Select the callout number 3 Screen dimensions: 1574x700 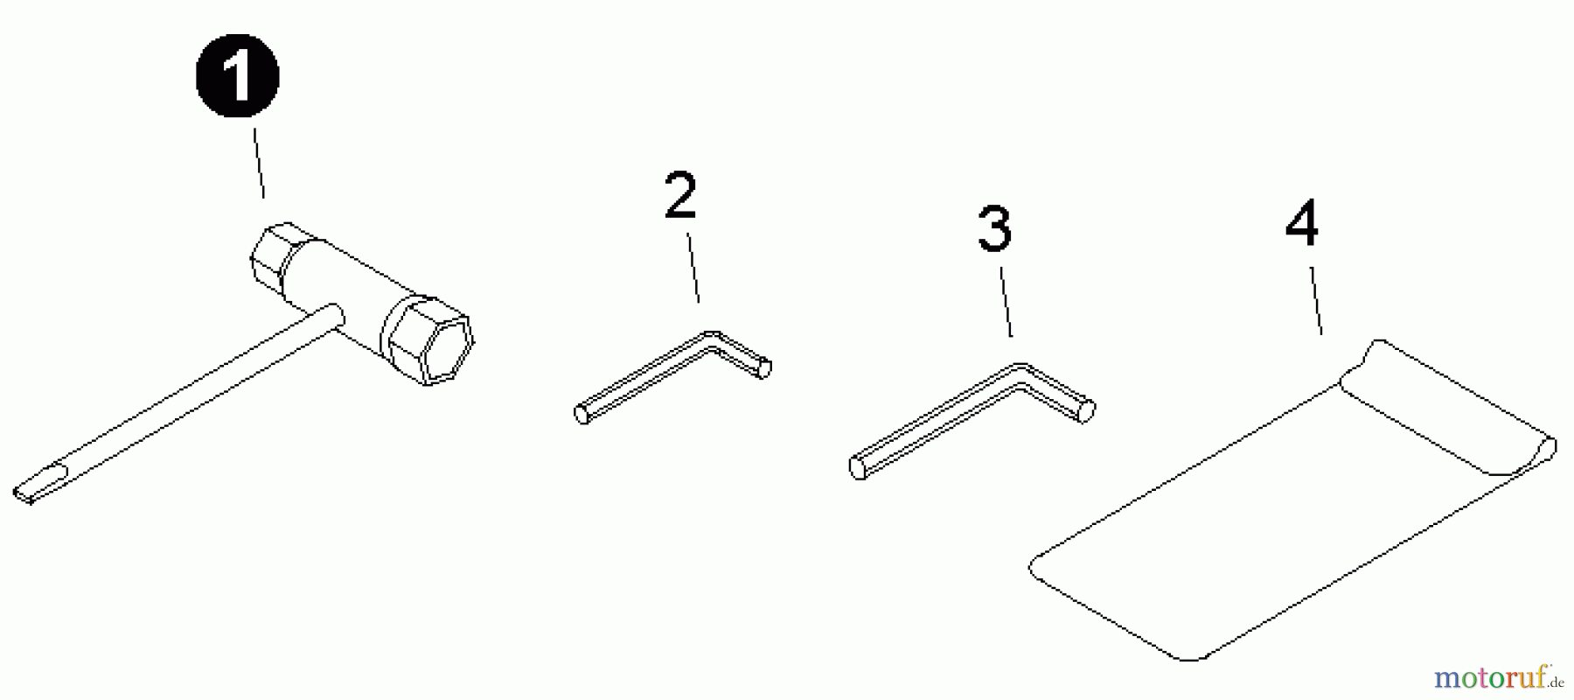point(994,229)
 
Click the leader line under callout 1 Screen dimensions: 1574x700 point(260,164)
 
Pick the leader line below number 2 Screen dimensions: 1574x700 point(693,268)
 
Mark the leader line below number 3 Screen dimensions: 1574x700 point(1006,302)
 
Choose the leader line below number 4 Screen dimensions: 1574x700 point(1315,299)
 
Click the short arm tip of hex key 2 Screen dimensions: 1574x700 point(763,368)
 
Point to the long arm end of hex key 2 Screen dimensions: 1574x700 point(582,413)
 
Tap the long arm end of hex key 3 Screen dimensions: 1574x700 point(859,468)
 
